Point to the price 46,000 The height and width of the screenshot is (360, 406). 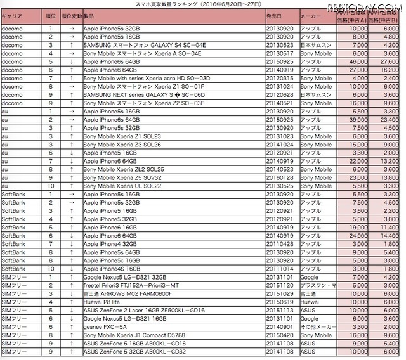(x=357, y=61)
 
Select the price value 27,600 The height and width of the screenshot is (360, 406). (x=387, y=61)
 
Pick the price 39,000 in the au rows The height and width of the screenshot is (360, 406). (x=357, y=119)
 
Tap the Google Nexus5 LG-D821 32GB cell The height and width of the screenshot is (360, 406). (x=124, y=277)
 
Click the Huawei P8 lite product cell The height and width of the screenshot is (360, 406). (x=102, y=302)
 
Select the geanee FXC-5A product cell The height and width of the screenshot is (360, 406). (x=105, y=326)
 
